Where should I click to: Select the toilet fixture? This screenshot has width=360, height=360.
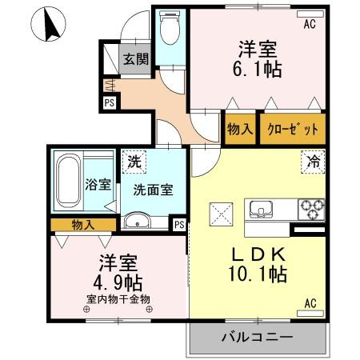pos(169,30)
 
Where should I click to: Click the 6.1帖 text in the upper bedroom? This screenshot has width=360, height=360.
pos(257,69)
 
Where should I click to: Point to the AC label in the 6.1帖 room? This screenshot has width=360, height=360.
pos(310,24)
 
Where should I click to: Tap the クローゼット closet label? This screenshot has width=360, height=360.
pos(292,129)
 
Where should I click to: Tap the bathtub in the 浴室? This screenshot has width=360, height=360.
pos(71,182)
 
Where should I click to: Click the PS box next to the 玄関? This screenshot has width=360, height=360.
pos(109,102)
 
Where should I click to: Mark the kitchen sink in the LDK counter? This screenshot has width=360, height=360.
pos(262,210)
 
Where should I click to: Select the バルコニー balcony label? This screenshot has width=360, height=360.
pos(257,337)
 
